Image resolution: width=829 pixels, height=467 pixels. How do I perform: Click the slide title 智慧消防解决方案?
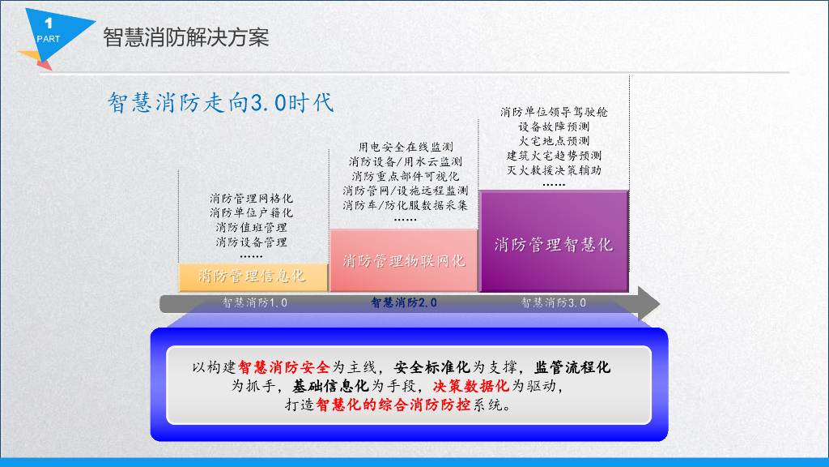point(186,37)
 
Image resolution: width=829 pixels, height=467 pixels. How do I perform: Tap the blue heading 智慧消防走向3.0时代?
point(221,102)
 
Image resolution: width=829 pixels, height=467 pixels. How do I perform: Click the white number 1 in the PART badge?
point(49,24)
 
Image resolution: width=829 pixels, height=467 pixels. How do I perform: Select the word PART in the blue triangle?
point(48,39)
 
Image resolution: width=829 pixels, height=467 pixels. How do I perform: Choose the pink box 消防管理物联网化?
point(404,260)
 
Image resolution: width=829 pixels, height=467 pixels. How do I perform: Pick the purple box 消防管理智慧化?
point(554,242)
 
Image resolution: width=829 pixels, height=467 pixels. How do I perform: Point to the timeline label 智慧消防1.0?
point(254,303)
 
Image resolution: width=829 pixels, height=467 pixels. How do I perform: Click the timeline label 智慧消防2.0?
point(404,303)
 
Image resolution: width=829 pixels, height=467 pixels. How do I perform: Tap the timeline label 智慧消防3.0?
point(554,303)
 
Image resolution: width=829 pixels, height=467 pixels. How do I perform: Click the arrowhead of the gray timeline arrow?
point(649,303)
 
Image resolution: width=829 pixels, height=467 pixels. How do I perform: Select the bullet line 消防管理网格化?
point(251,199)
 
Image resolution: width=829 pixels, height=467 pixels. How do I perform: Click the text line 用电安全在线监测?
point(406,148)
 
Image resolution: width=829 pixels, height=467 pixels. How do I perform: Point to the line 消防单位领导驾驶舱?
point(554,112)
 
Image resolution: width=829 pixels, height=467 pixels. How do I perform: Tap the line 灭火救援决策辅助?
point(554,170)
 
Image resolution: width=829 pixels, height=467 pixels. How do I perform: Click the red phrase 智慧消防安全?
point(284,367)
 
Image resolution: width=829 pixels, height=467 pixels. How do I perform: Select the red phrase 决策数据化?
point(471,386)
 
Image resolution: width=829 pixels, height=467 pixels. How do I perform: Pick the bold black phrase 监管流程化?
point(572,367)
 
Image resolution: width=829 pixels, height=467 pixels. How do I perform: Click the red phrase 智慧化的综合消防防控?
point(393,405)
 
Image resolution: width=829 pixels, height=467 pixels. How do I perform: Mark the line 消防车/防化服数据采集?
point(406,205)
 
